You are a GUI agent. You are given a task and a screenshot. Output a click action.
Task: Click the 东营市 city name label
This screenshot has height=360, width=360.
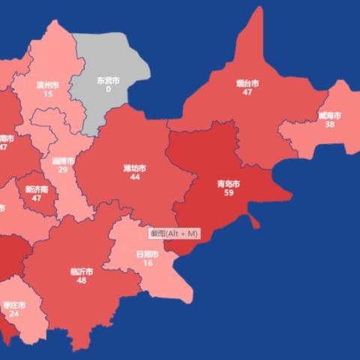tap(109, 80)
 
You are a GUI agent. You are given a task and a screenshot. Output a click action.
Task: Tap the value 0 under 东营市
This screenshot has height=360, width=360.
tap(109, 89)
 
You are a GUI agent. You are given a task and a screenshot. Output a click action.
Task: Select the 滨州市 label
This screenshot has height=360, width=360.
tap(48, 85)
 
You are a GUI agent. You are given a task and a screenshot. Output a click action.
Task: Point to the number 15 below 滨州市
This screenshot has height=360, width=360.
tap(48, 94)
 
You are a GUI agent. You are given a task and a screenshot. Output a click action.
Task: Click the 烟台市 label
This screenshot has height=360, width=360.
tap(247, 83)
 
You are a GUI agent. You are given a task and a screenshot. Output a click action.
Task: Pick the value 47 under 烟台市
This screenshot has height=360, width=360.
tap(247, 92)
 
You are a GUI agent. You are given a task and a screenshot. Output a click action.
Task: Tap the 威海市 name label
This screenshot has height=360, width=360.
tap(329, 116)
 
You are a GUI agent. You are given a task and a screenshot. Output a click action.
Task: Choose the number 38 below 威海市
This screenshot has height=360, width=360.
tap(329, 125)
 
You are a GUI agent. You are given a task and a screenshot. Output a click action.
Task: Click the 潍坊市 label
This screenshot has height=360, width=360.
tap(135, 169)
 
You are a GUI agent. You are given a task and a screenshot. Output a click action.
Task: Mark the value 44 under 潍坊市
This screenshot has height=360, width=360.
tap(135, 178)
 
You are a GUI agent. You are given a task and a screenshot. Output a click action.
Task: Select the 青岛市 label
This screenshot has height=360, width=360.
tap(228, 184)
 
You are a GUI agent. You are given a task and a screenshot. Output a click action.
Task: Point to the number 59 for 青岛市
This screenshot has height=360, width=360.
tap(228, 193)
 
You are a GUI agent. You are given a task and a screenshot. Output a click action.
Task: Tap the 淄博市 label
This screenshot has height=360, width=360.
tap(63, 161)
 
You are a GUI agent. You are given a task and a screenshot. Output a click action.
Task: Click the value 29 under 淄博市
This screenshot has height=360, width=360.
tap(63, 170)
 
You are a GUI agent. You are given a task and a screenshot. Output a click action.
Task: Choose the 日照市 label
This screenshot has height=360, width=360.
tap(148, 254)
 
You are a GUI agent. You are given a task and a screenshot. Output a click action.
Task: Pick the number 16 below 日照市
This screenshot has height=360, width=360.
tap(148, 263)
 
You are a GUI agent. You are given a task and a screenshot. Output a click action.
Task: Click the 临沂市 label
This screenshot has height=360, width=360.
tap(81, 271)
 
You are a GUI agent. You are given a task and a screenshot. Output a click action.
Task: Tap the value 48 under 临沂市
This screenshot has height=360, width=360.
tap(81, 280)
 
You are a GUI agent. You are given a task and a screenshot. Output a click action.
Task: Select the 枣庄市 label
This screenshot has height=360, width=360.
tap(14, 305)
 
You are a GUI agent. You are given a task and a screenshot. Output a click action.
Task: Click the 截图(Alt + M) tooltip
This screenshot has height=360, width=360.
tap(173, 234)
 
